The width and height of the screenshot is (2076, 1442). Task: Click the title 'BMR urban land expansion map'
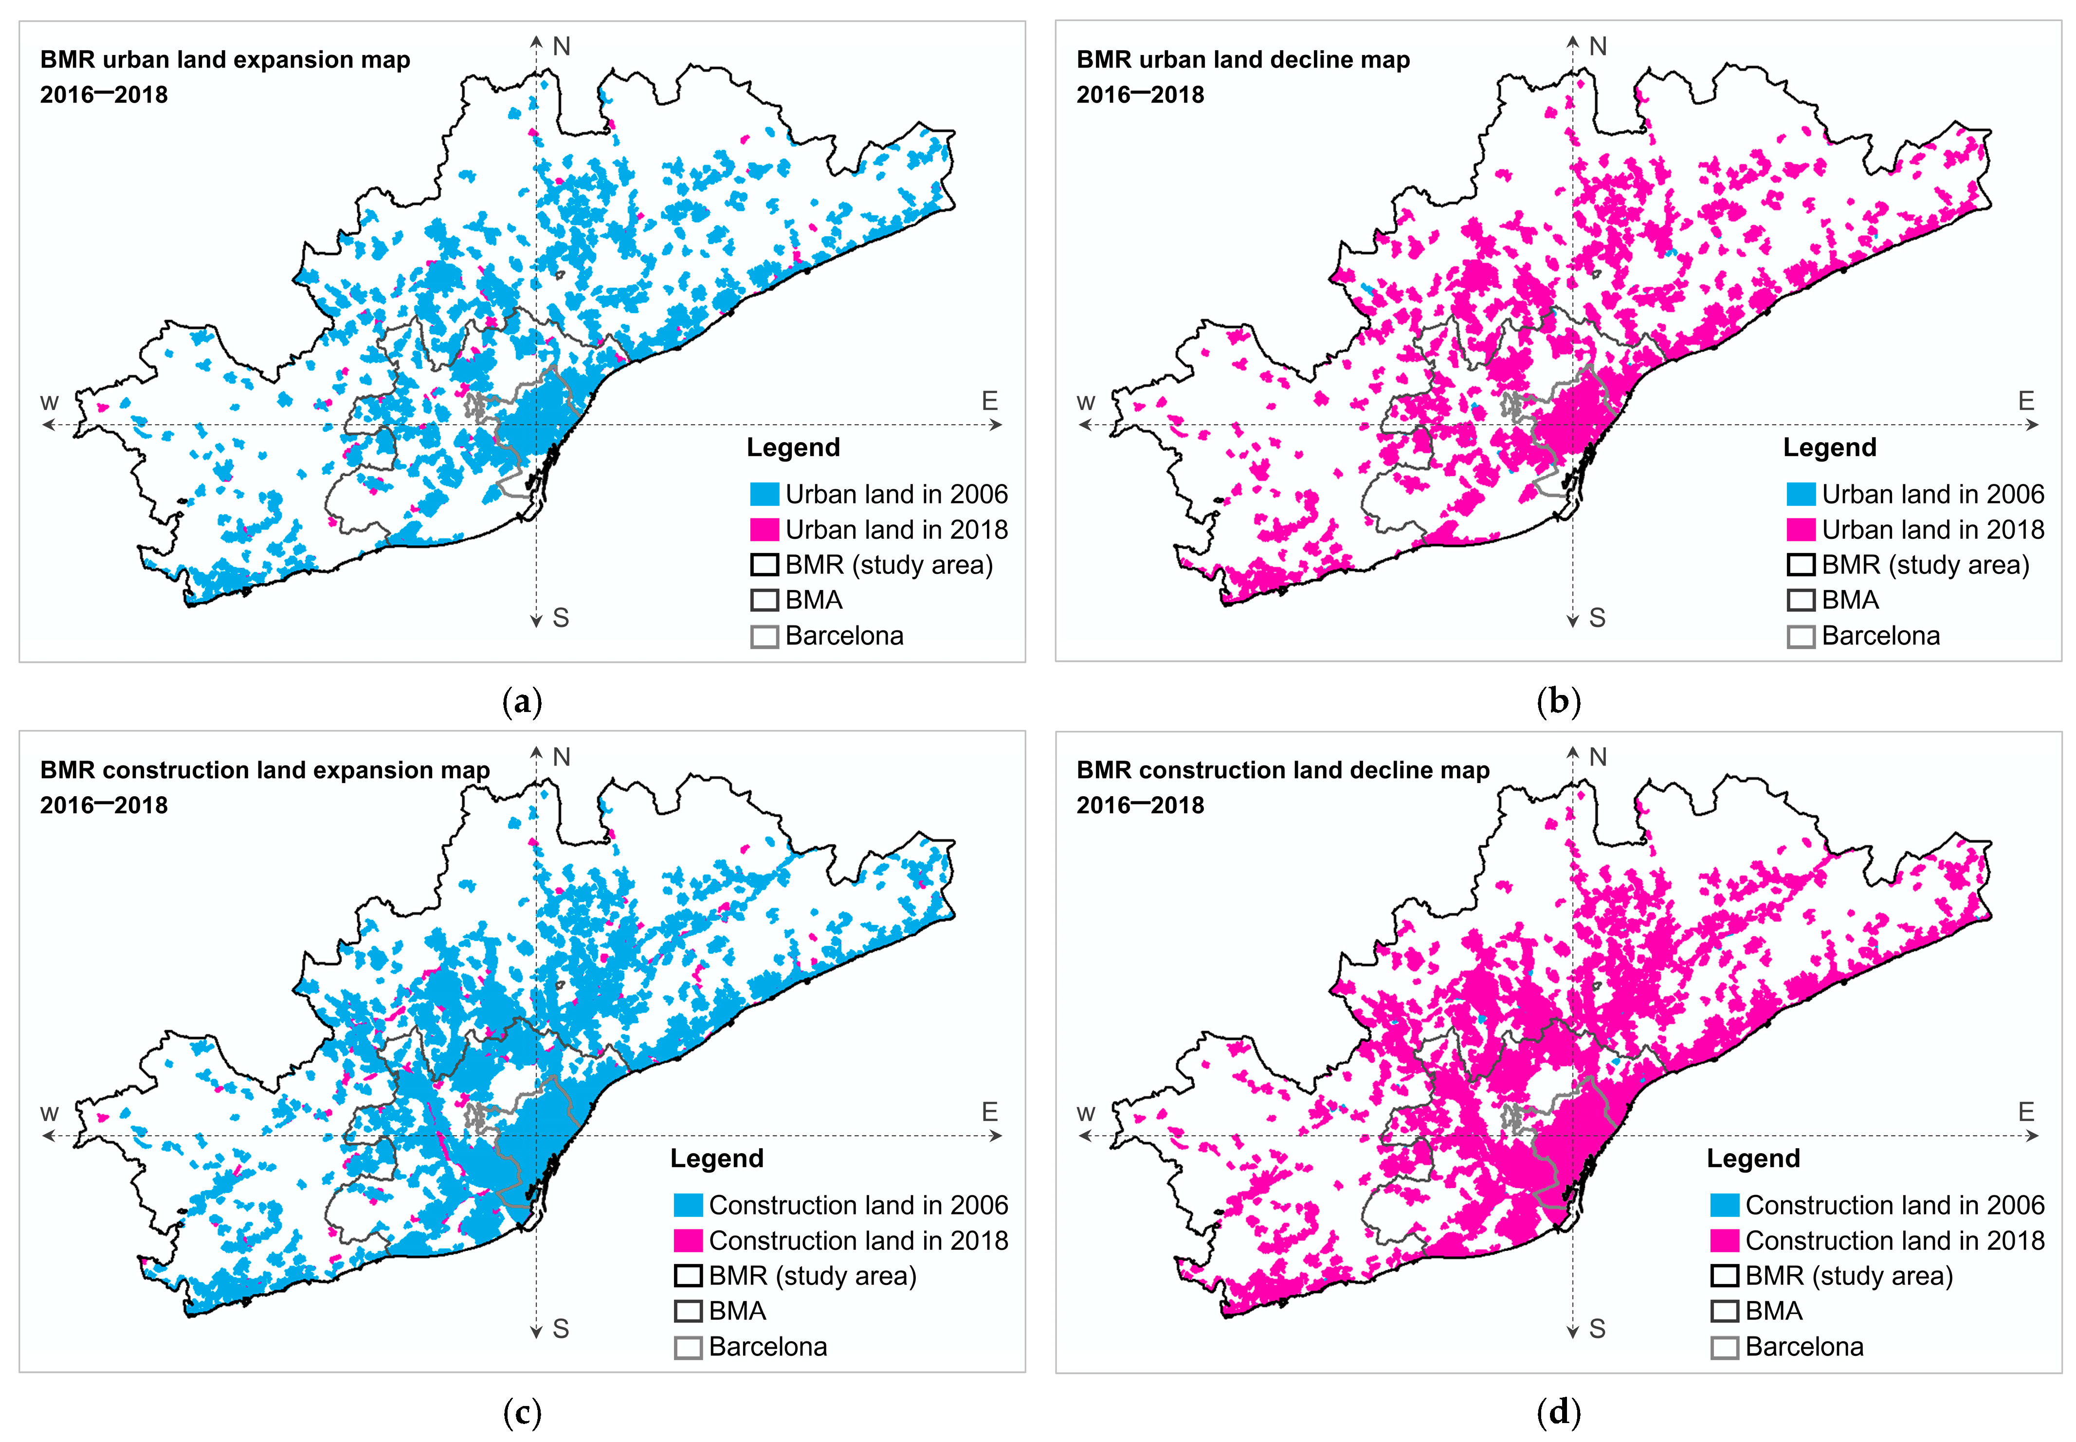(x=225, y=60)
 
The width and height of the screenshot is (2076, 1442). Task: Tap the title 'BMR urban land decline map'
(x=1243, y=60)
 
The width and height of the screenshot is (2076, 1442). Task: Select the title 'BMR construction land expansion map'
(x=265, y=770)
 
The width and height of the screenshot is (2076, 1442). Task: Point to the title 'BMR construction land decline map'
(x=1282, y=770)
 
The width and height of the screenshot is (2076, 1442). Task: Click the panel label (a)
(x=522, y=702)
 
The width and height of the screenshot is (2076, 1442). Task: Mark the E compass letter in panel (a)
(x=990, y=401)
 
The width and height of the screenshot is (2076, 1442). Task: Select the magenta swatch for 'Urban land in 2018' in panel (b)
(x=1801, y=530)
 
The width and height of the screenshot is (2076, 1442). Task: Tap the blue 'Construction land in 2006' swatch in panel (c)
(x=688, y=1205)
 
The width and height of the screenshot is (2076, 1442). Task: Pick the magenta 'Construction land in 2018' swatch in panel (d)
(x=1725, y=1241)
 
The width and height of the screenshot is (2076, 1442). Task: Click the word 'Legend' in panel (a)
(x=793, y=447)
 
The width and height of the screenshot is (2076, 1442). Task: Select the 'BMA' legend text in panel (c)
(x=737, y=1311)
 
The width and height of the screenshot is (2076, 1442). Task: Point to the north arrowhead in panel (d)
(x=1573, y=752)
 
